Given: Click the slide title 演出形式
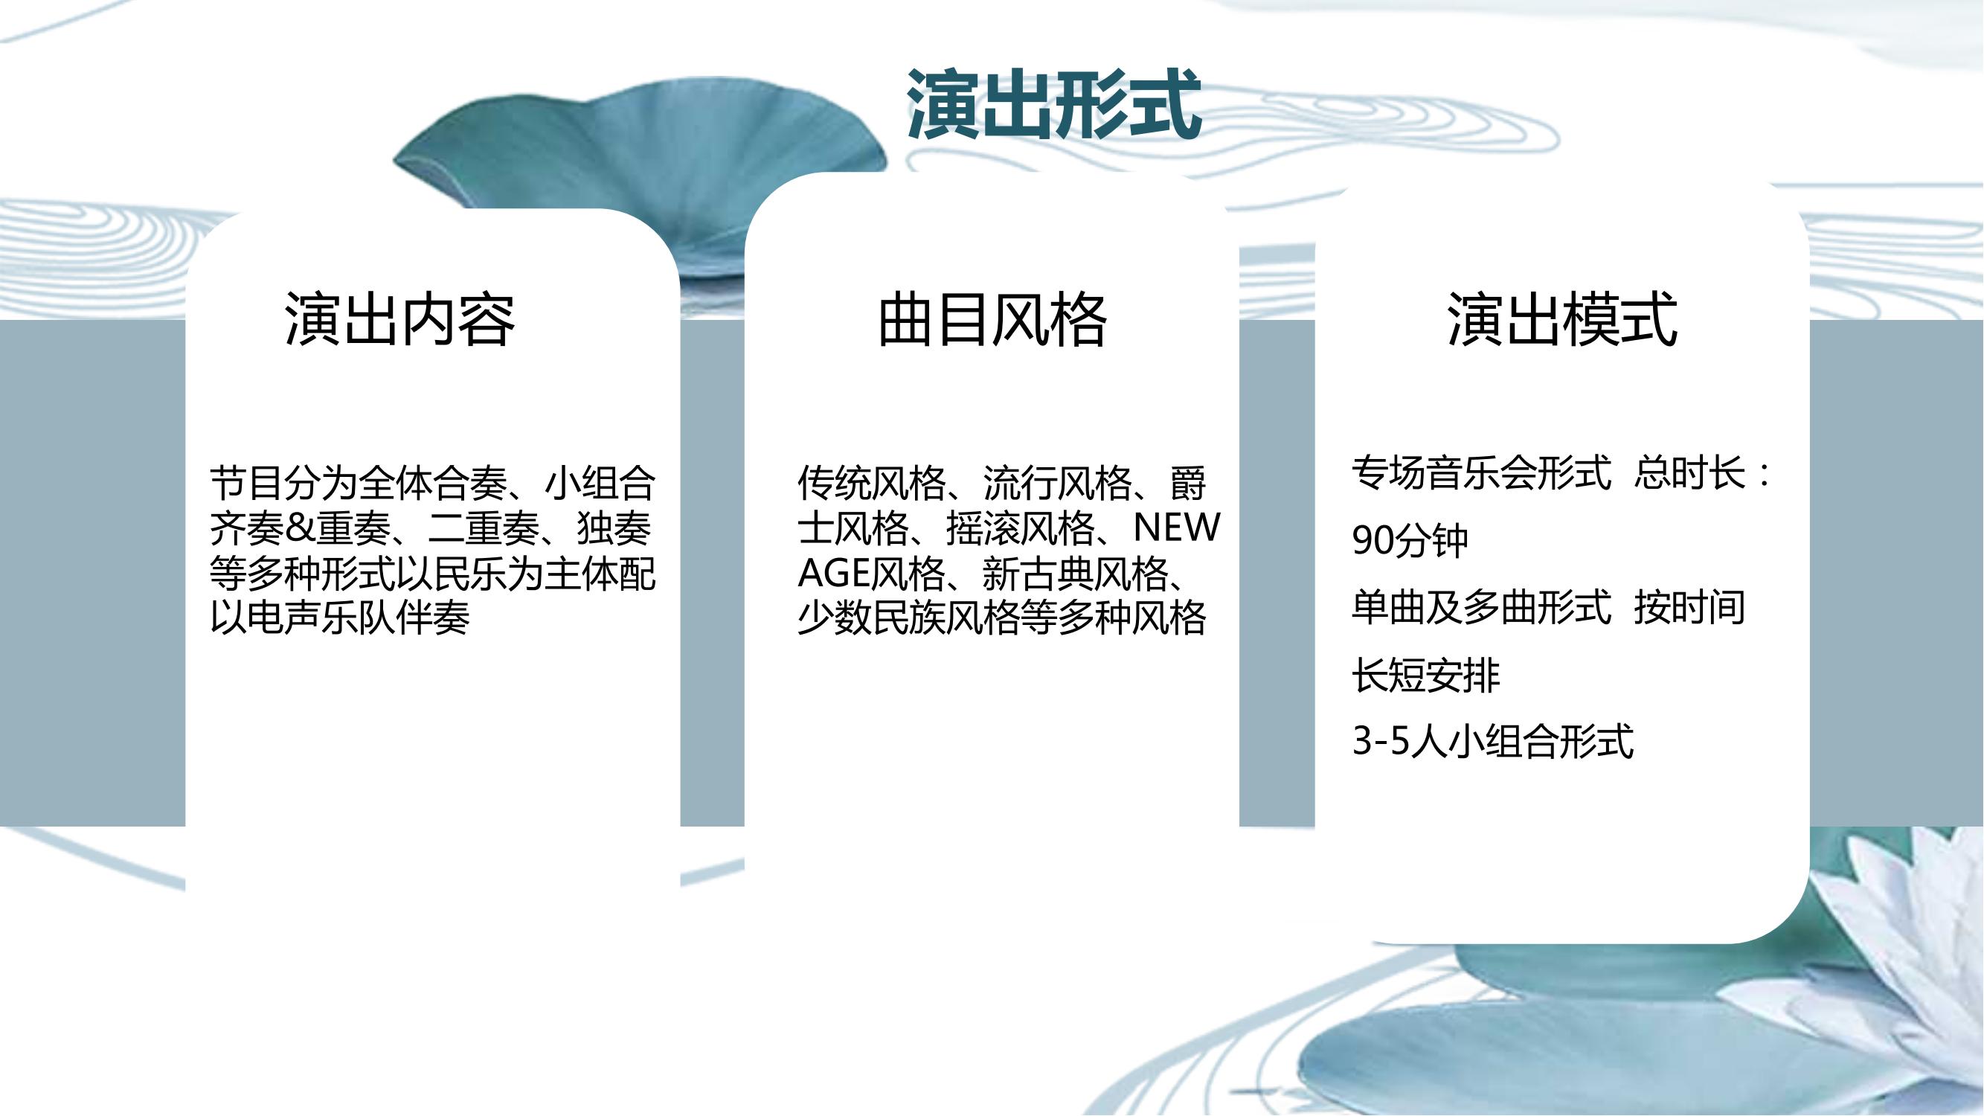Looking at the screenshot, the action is coord(1053,104).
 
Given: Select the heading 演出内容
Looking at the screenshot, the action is coord(399,319).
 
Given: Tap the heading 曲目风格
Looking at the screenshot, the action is coord(992,319).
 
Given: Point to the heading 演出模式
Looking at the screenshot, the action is coord(1562,319).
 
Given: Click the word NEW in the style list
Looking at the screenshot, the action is coord(1177,528).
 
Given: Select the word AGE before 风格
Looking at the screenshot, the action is coord(832,573).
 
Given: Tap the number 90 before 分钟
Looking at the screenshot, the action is coord(1372,541).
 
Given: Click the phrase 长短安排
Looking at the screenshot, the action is coord(1426,676).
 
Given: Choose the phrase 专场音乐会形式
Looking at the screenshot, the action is coord(1482,473).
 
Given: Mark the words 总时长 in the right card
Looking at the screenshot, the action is coord(1690,473).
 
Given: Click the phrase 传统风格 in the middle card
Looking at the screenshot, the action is coord(871,484).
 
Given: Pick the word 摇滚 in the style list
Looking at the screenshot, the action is coord(983,528).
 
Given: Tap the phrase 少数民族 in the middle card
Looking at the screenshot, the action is coord(871,618).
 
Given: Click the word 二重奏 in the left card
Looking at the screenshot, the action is coord(484,528).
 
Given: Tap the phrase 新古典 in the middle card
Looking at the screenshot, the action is coord(1038,573).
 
